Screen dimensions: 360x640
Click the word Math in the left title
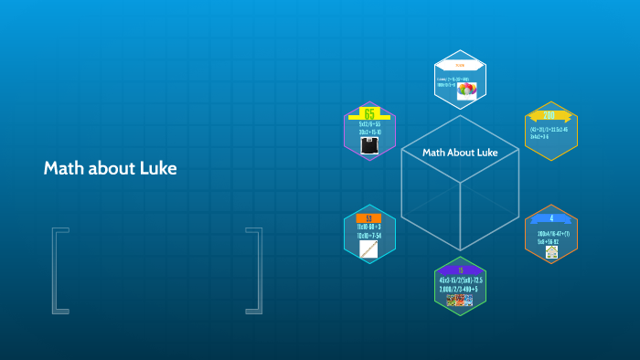[62, 169]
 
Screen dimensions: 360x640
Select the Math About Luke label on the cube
[460, 153]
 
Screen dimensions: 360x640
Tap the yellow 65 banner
[369, 113]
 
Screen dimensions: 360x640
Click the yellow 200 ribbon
[549, 116]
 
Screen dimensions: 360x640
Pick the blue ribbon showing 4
[551, 219]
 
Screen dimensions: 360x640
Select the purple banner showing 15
[460, 270]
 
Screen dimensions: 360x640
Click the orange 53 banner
[368, 218]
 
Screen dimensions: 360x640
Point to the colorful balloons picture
[468, 90]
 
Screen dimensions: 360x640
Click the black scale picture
[368, 145]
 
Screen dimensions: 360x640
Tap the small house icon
[551, 251]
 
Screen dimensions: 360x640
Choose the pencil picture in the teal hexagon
[368, 249]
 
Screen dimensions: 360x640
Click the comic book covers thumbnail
[460, 300]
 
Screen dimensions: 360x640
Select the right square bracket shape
[254, 270]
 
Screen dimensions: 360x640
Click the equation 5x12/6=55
[369, 123]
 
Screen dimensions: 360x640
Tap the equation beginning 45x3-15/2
[460, 280]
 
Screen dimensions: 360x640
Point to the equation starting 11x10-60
[368, 228]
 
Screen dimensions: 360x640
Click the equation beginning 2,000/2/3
[460, 289]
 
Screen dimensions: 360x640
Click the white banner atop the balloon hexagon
[460, 66]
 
